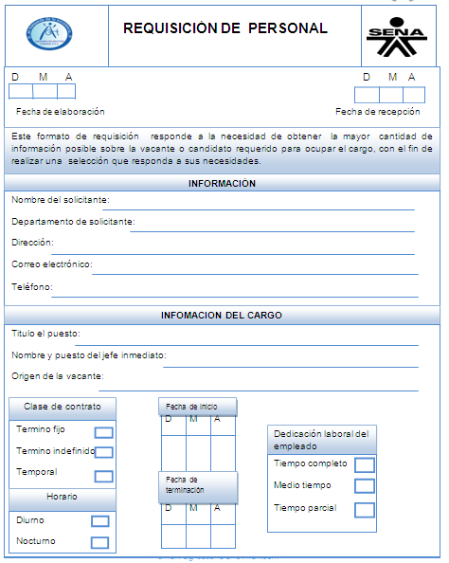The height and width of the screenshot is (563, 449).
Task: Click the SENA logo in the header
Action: click(x=396, y=34)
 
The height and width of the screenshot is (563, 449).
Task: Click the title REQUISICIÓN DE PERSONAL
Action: click(x=225, y=28)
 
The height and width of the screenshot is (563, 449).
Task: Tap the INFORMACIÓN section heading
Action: click(x=223, y=183)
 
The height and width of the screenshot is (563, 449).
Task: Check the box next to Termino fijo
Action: click(x=104, y=432)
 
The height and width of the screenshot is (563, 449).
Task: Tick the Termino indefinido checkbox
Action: click(x=104, y=453)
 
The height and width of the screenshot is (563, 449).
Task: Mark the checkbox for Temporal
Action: click(x=104, y=476)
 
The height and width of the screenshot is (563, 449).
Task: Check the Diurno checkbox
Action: click(x=99, y=520)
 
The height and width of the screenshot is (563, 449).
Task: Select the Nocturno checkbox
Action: click(x=99, y=542)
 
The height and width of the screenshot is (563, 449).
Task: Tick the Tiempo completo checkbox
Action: click(x=365, y=464)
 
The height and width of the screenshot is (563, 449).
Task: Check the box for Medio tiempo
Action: click(x=365, y=486)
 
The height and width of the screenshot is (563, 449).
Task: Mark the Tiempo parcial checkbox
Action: click(x=365, y=509)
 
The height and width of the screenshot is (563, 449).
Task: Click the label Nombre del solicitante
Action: click(x=60, y=200)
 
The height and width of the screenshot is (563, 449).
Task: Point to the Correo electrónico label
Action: click(x=51, y=264)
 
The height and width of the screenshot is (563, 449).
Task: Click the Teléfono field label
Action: click(x=32, y=286)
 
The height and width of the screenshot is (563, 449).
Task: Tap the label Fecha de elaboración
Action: click(x=61, y=112)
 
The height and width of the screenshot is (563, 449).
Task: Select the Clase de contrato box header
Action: click(x=63, y=407)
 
